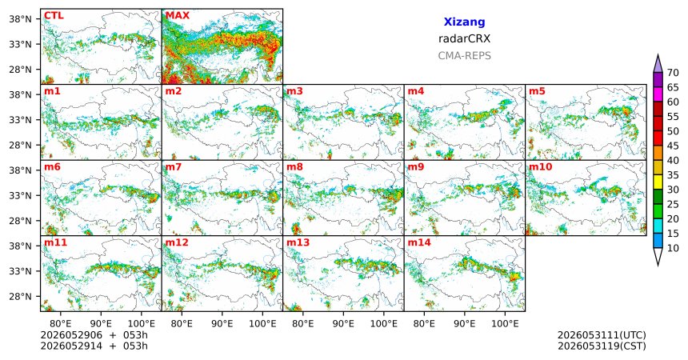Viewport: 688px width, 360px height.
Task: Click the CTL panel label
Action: (x=54, y=16)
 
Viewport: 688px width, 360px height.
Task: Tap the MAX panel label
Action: (x=178, y=16)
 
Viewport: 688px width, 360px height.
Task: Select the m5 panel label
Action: (x=537, y=91)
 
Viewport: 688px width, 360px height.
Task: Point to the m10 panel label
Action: (x=540, y=167)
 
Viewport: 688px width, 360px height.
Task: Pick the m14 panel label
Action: (x=419, y=242)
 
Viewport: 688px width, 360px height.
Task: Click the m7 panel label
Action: (x=174, y=167)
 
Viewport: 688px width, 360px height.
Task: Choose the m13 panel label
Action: (x=298, y=242)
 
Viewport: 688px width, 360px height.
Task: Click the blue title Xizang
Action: (x=464, y=22)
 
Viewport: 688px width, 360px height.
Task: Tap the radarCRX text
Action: (x=464, y=38)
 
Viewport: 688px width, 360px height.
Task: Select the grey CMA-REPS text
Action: (x=464, y=56)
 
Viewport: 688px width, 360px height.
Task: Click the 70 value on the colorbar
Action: (x=673, y=73)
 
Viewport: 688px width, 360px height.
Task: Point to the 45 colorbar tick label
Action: (x=673, y=146)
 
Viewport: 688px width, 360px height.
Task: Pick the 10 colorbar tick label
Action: (x=673, y=248)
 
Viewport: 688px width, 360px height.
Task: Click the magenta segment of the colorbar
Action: (x=658, y=94)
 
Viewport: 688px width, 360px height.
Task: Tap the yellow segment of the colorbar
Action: (x=658, y=182)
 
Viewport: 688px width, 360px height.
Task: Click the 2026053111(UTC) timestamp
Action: (x=602, y=335)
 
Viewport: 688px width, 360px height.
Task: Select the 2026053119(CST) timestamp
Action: (x=602, y=346)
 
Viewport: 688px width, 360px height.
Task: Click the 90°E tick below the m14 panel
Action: (x=465, y=324)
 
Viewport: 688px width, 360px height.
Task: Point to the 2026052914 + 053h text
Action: (x=94, y=346)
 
